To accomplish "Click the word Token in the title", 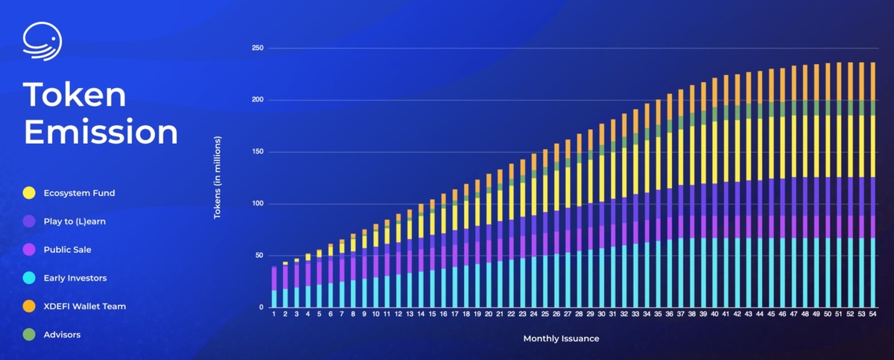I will coord(74,95).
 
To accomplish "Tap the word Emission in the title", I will coord(101,132).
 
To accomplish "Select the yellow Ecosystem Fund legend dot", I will coord(28,193).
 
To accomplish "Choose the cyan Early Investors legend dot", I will coord(28,278).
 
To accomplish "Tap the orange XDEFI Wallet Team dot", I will coord(28,306).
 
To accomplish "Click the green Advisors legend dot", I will coord(28,335).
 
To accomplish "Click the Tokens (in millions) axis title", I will coord(218,177).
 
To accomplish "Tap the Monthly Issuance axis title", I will coord(561,338).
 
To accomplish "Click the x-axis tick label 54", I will coord(872,315).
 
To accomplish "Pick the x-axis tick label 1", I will coord(274,315).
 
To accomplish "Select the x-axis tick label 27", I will coord(568,315).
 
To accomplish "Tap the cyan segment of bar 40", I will coord(714,273).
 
